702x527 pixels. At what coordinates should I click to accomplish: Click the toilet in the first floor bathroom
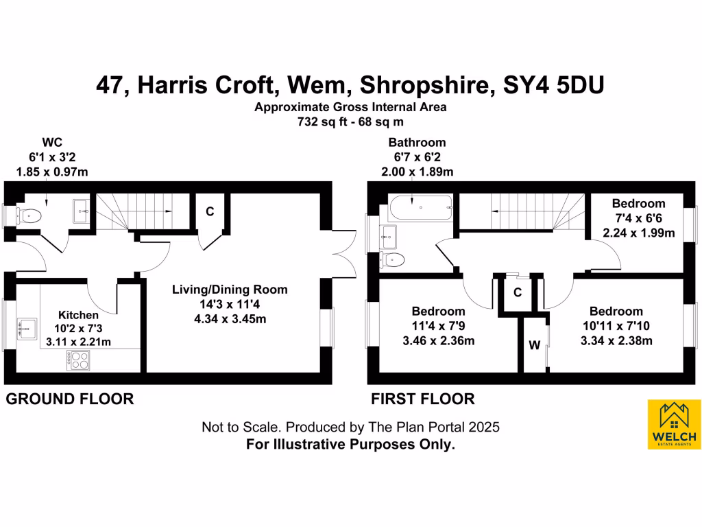click(x=392, y=259)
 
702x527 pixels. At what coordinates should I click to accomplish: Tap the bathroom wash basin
click(x=388, y=236)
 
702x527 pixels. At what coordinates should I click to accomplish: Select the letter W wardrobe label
click(x=534, y=346)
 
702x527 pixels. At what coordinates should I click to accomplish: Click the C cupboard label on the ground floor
click(x=210, y=212)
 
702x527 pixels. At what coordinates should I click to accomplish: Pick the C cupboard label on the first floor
click(x=518, y=292)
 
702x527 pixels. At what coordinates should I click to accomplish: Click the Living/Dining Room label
click(x=229, y=290)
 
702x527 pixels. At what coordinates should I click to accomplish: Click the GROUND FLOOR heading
click(x=69, y=399)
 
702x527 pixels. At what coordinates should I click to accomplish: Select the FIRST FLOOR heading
click(x=422, y=399)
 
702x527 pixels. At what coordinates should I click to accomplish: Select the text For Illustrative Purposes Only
click(x=350, y=445)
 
